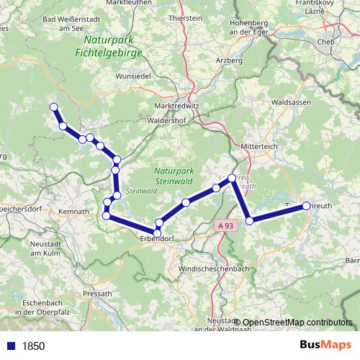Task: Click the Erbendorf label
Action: tap(158, 238)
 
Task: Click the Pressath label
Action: tap(98, 294)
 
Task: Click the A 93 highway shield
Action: tap(226, 226)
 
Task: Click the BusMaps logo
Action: tap(325, 345)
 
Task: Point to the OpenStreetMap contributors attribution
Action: tap(296, 323)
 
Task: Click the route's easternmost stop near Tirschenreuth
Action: tap(306, 206)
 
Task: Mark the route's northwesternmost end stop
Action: tap(53, 107)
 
